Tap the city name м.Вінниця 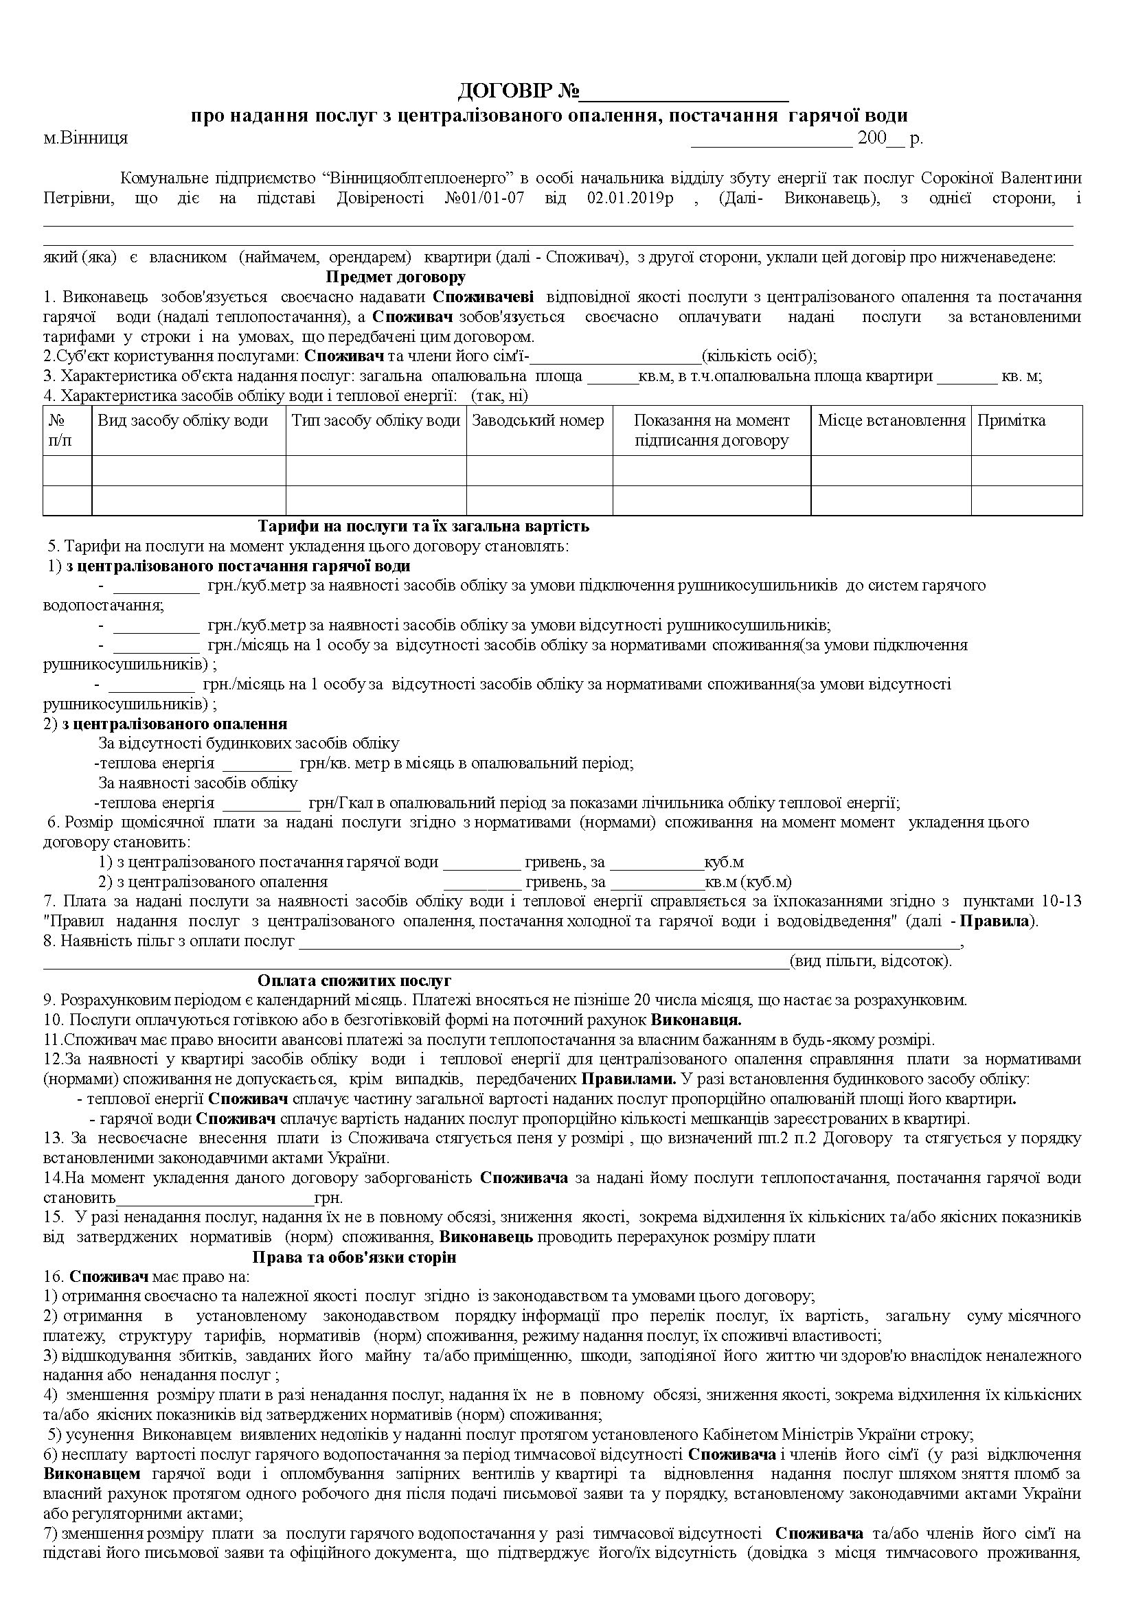click(86, 138)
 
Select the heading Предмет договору click(395, 277)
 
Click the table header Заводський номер click(538, 421)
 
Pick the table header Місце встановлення click(891, 421)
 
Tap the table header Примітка click(1011, 421)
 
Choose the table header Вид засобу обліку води click(183, 421)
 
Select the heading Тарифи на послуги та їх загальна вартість click(423, 526)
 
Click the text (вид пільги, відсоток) click(870, 961)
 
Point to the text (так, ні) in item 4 click(499, 396)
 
